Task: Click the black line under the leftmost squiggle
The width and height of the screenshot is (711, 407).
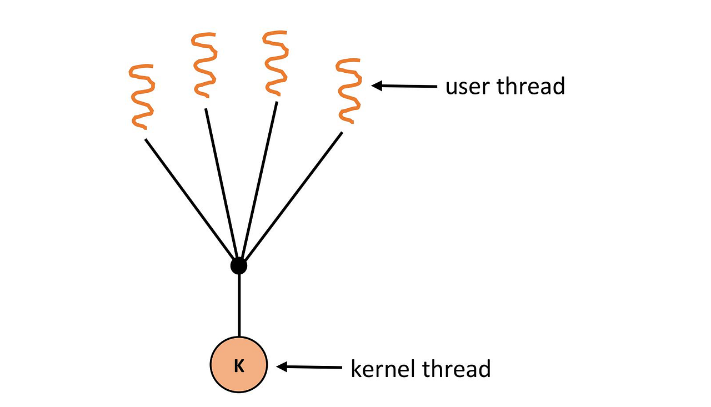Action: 190,197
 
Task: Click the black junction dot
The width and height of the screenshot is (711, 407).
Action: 238,266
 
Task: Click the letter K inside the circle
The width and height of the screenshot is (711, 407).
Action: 239,366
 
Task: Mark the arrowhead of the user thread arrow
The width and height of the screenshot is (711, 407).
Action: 377,86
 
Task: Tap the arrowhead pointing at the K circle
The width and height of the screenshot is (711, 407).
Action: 282,366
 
